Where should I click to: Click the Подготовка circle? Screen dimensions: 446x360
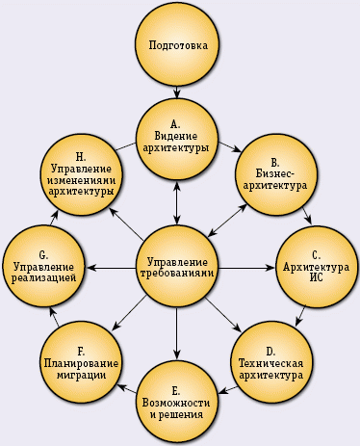tap(178, 45)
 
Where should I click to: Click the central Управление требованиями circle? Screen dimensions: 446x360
tap(176, 266)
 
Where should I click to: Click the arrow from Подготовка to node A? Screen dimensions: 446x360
tap(178, 89)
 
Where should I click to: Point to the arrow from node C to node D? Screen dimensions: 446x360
tap(301, 315)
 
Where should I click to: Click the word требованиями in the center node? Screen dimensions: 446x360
tap(177, 274)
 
